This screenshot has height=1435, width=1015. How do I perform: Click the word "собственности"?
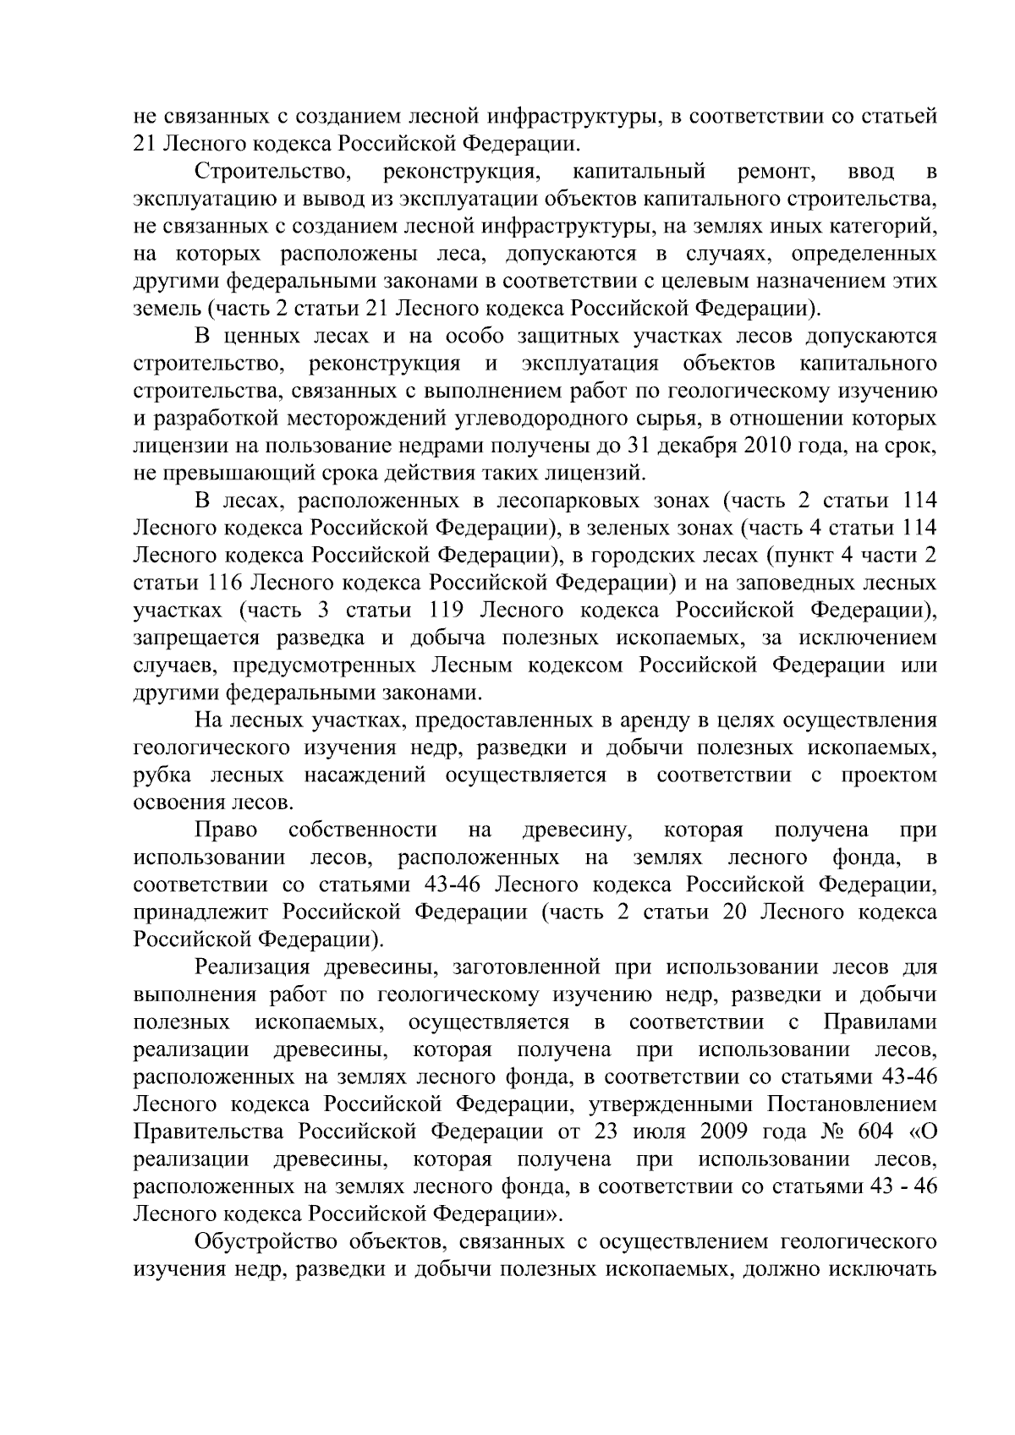[x=363, y=830]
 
